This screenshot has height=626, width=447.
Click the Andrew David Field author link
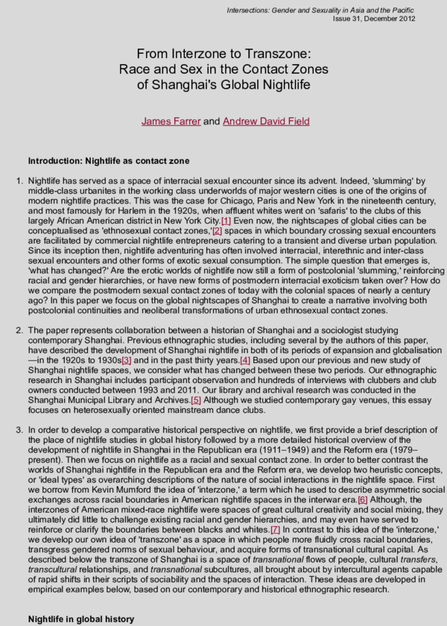[x=266, y=121]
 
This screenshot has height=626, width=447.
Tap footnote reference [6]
[x=363, y=499]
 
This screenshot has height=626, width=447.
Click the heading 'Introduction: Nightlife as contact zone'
[x=108, y=161]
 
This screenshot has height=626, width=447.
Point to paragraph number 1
[x=19, y=181]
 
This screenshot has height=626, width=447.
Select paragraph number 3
[x=19, y=430]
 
